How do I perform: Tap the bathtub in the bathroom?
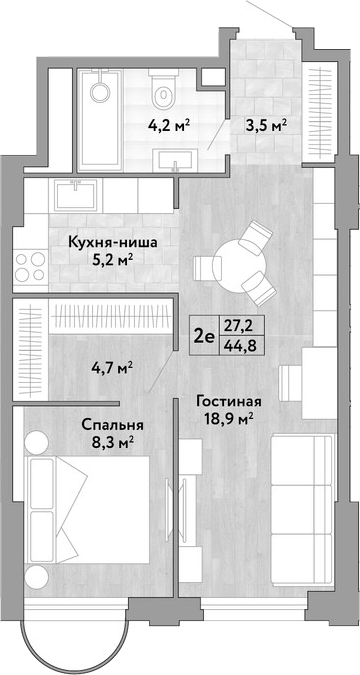coord(100,118)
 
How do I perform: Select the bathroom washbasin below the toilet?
coord(177,160)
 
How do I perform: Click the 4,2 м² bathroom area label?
coord(170,127)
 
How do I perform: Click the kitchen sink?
coord(76,195)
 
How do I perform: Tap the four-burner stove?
coord(30,266)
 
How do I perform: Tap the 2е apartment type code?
coord(204,336)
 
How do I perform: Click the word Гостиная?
coord(229,403)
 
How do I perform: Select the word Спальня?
coord(112,426)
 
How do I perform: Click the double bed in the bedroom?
coord(87,510)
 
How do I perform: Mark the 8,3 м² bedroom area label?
coord(112,442)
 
